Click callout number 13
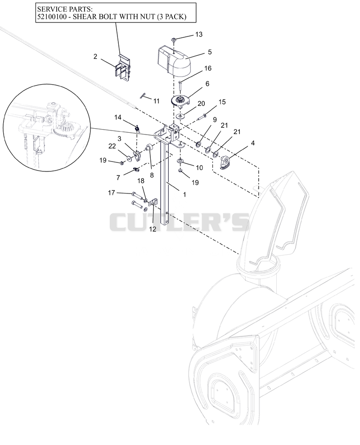[199, 34]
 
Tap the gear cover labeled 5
[174, 62]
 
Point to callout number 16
[208, 68]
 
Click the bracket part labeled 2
[123, 68]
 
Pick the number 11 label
[157, 101]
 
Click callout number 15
[222, 102]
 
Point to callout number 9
[215, 120]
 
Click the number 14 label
[118, 117]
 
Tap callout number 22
[112, 146]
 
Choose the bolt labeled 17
[137, 195]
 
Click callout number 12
[153, 229]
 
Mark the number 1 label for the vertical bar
[184, 194]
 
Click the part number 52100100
[53, 17]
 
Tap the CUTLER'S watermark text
[180, 222]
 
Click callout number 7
[118, 178]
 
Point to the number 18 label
[141, 181]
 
